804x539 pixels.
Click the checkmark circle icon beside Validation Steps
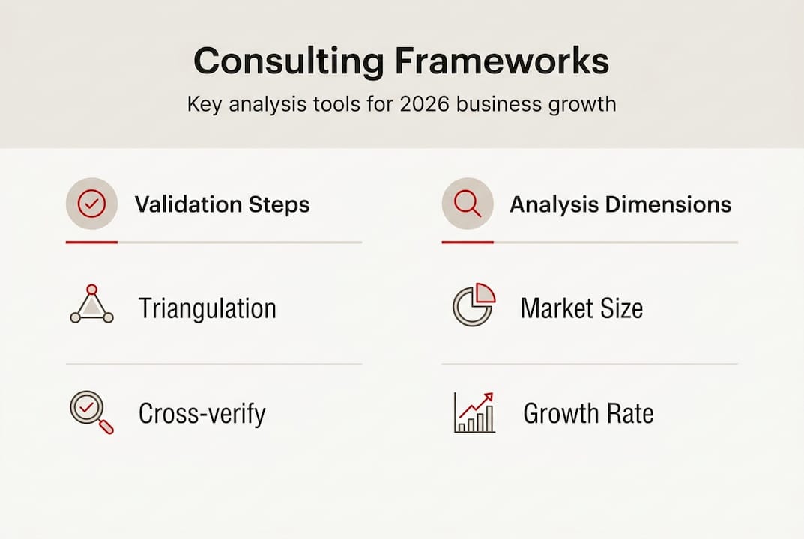(x=91, y=204)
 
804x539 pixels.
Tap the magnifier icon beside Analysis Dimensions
(x=468, y=204)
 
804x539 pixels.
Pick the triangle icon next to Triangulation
(x=91, y=305)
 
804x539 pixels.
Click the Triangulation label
(x=208, y=308)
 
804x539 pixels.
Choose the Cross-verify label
(x=202, y=413)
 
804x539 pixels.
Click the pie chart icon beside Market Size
(x=474, y=305)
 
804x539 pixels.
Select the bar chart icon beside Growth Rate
(x=474, y=412)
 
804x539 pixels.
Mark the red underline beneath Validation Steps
(x=91, y=243)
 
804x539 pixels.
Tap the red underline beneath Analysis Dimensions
(x=468, y=243)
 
